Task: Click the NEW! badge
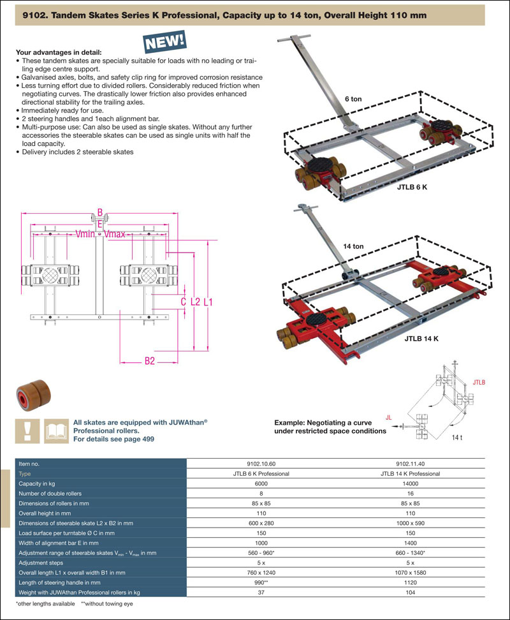166,42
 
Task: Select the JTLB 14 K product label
421,339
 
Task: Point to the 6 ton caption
354,99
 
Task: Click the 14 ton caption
353,246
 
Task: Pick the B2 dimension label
149,361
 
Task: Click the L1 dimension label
208,302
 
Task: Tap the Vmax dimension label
115,234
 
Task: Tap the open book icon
55,431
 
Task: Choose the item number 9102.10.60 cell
261,464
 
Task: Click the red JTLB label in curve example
479,383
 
